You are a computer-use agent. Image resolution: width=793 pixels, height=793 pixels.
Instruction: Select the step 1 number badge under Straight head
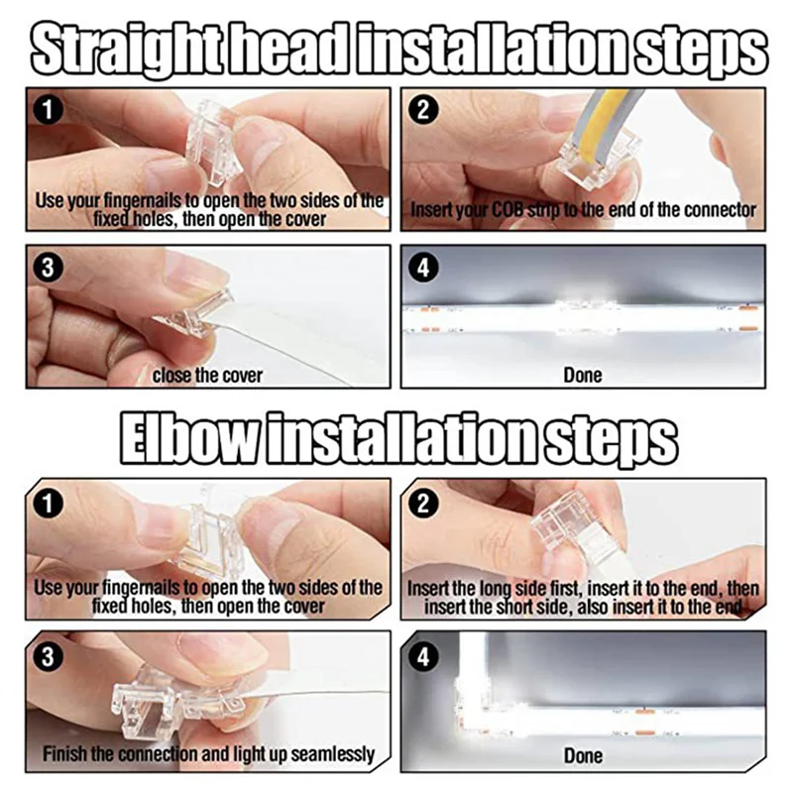point(48,111)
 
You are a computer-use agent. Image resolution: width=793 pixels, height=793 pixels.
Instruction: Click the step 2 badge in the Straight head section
point(423,111)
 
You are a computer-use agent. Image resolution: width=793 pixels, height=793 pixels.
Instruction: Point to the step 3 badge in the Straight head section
point(48,268)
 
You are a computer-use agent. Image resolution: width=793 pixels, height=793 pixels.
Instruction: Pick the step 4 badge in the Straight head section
point(423,268)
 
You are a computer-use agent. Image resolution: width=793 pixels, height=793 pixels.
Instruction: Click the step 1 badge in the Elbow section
point(48,505)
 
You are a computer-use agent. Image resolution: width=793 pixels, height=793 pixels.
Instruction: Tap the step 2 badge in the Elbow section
point(423,505)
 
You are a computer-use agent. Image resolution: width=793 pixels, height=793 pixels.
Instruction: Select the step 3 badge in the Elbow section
point(48,657)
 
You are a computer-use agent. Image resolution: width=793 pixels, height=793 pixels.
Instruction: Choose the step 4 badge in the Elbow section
point(423,657)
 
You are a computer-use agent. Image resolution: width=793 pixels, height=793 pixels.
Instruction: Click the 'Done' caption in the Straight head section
point(583,376)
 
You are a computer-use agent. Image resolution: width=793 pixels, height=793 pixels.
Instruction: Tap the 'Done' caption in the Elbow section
point(583,755)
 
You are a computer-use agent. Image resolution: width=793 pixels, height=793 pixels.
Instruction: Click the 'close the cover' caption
point(207,376)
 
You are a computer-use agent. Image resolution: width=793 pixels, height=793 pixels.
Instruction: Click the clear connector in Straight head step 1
point(211,144)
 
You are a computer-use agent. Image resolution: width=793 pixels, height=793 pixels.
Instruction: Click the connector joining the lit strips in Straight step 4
point(587,316)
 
